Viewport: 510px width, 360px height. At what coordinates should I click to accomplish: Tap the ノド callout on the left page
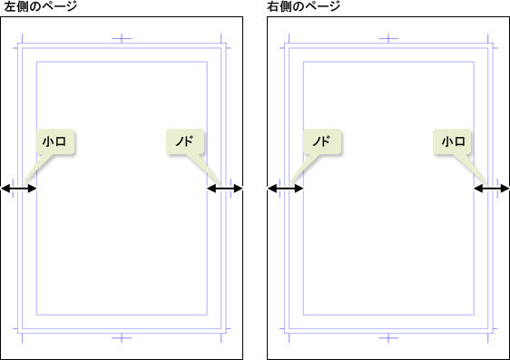coord(187,142)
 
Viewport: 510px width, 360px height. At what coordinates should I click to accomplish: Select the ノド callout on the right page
coord(321,142)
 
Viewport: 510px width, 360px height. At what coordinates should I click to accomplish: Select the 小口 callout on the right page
coord(453,142)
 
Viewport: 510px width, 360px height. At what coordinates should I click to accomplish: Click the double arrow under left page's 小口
coord(19,189)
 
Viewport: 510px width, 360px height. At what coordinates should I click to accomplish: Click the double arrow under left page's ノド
coord(225,189)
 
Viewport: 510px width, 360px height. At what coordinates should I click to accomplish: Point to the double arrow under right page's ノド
coord(286,189)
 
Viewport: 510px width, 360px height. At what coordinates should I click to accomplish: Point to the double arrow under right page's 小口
coord(492,189)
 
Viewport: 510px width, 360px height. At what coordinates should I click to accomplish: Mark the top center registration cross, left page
coord(123,39)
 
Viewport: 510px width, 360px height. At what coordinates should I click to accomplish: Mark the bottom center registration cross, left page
coord(123,338)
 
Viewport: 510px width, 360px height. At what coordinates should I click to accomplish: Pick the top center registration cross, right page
coord(388,39)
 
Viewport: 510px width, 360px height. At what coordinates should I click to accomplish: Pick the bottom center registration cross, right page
coord(388,338)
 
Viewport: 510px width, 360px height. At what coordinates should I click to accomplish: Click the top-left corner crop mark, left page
coord(20,44)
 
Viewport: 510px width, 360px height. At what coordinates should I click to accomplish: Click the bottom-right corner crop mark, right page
coord(491,332)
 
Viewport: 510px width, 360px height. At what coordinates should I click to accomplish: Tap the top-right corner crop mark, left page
coord(224,44)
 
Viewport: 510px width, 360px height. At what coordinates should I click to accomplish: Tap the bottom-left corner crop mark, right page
coord(287,332)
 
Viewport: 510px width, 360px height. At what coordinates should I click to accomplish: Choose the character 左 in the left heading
coord(9,7)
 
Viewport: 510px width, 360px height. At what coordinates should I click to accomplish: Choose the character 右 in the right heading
coord(274,7)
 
